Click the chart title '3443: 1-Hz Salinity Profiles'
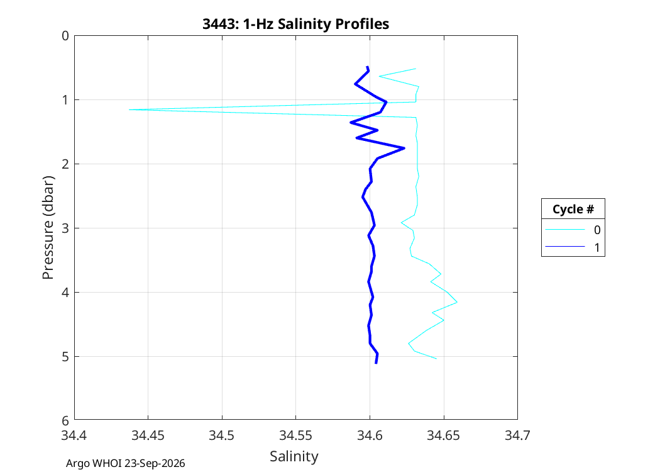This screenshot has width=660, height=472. (x=295, y=24)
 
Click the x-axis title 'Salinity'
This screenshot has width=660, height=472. (x=294, y=456)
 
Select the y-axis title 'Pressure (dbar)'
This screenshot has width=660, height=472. (x=48, y=228)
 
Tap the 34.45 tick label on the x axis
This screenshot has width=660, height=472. (x=148, y=435)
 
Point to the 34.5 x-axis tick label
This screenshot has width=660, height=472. (x=222, y=435)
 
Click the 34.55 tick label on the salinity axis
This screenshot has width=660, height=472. (x=295, y=435)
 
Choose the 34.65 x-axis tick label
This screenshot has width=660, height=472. (x=443, y=435)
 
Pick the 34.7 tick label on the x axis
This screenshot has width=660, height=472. (x=517, y=435)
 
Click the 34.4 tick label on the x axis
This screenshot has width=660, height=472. (x=74, y=435)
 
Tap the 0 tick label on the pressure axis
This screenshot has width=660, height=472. (x=65, y=36)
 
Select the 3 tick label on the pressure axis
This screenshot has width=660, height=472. (x=65, y=228)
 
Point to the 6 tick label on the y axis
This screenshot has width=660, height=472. (x=65, y=420)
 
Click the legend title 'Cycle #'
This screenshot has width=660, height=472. (x=573, y=209)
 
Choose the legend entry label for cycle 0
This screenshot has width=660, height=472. (x=597, y=230)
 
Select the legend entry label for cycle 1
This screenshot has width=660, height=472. (x=597, y=247)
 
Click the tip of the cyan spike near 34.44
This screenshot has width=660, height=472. (x=129, y=110)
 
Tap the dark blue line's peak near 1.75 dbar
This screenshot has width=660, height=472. (x=404, y=148)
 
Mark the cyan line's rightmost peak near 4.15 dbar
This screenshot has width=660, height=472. (x=457, y=301)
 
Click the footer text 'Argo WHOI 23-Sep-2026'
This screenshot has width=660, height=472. (x=126, y=463)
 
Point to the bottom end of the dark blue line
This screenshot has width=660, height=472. (x=376, y=363)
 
